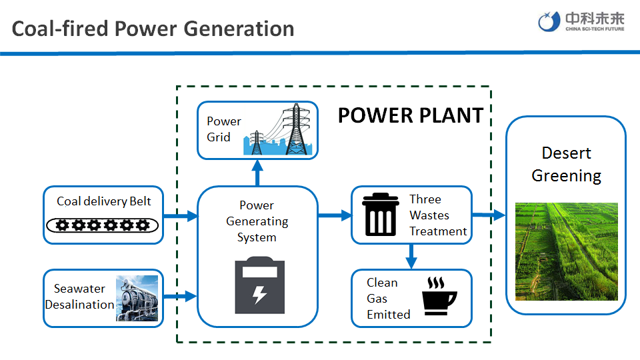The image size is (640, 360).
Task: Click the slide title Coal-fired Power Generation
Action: point(153,29)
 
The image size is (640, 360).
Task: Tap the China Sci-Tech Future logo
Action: point(581,22)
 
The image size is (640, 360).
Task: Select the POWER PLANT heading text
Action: point(410,115)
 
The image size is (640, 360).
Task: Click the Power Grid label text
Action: point(223,129)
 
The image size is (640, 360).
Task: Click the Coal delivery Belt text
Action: point(103,201)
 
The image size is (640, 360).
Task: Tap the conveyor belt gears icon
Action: point(103,225)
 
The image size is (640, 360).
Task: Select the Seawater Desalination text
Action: point(79,297)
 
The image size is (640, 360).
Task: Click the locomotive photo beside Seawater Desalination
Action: point(137,298)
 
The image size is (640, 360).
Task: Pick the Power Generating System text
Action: point(257,221)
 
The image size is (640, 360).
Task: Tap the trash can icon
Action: point(381,214)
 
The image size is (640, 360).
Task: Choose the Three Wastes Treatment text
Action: point(437,215)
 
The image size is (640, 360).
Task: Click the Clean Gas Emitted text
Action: point(388,299)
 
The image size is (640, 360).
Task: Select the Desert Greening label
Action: point(566,165)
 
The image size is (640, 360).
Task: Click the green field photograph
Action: point(567,251)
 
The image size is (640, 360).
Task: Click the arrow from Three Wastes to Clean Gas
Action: point(411,255)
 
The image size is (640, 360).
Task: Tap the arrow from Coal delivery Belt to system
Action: point(180,215)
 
